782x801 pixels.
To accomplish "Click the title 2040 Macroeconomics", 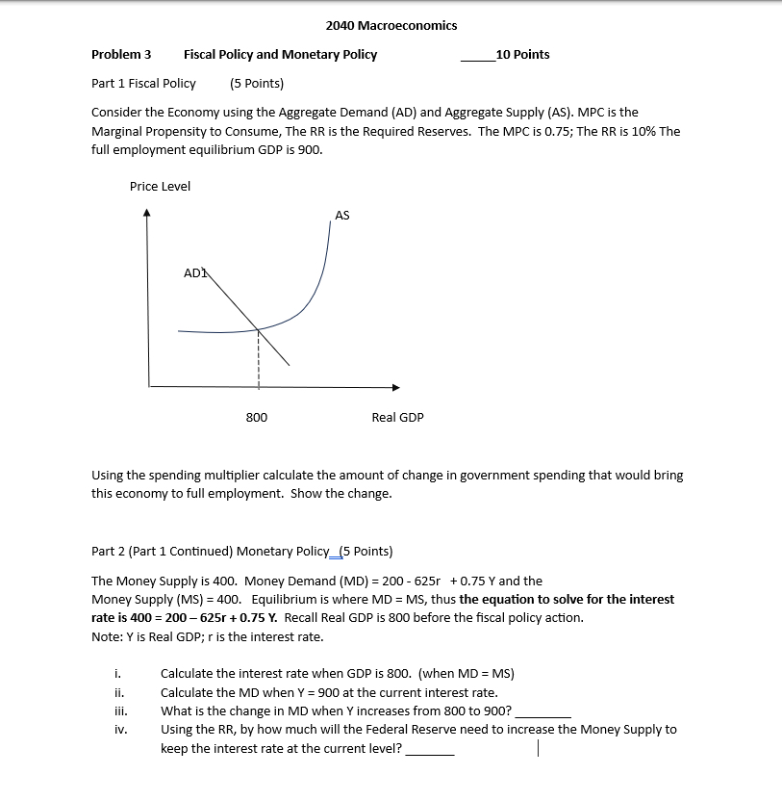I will [391, 25].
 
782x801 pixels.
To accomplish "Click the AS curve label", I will [342, 216].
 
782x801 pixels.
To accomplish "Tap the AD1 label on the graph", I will [195, 273].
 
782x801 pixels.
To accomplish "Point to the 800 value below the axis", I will [257, 417].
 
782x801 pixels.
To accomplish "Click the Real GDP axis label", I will [397, 417].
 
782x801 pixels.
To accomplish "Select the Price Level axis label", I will [160, 186].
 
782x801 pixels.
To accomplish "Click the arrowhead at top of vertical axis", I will [147, 216].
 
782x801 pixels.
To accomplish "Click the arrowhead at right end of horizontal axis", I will [394, 387].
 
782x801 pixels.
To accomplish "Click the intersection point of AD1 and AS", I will [258, 329].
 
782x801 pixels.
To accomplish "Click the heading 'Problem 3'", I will [121, 55].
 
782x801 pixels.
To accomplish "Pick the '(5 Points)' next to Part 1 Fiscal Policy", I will [257, 83].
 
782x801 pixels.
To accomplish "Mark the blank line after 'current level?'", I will [430, 753].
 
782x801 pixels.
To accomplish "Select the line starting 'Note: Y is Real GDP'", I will [207, 636].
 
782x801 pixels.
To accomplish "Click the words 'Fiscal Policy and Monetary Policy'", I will [280, 55].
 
